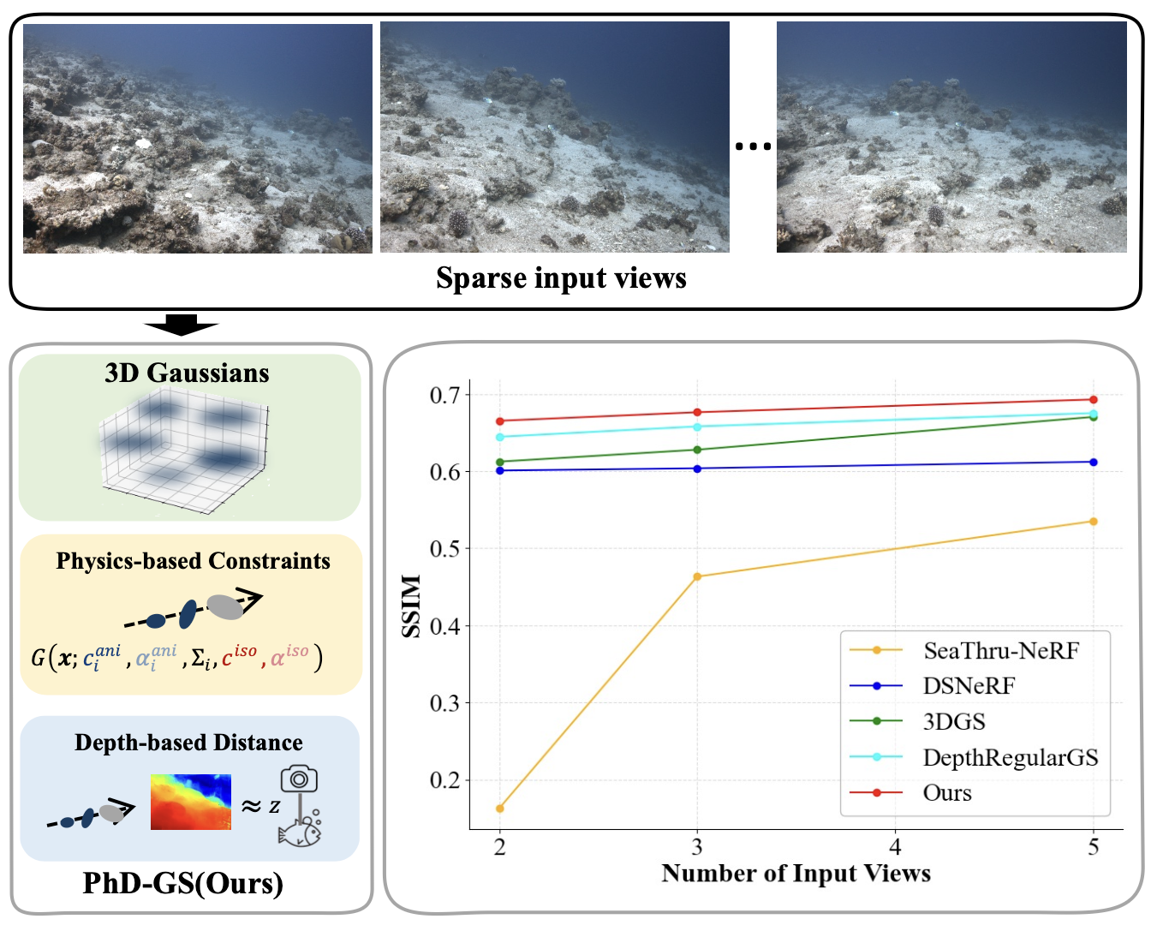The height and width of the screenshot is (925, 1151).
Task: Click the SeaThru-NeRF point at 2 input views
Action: click(x=499, y=809)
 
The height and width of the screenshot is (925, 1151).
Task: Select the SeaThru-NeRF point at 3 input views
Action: click(x=697, y=576)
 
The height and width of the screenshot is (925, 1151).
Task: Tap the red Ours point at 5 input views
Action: click(x=1094, y=400)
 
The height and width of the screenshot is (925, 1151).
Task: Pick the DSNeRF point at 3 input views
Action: click(x=697, y=468)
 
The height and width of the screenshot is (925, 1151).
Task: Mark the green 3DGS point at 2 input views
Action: click(x=499, y=462)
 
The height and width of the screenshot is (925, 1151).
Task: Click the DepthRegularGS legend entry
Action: click(x=974, y=757)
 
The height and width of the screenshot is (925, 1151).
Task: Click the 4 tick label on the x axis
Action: click(x=895, y=846)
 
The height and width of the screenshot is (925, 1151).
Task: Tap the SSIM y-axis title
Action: click(x=411, y=606)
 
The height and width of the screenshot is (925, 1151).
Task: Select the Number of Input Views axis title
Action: click(x=796, y=873)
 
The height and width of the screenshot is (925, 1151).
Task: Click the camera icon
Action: click(x=299, y=779)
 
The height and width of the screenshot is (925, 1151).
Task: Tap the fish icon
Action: click(x=300, y=828)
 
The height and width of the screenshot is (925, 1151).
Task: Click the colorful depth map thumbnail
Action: click(x=191, y=802)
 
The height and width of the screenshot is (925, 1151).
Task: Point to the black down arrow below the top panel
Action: click(x=182, y=325)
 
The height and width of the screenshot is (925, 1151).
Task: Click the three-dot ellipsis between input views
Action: click(x=753, y=146)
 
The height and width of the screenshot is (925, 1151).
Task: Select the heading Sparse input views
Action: click(x=561, y=277)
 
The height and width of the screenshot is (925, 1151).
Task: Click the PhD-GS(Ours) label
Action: click(x=183, y=883)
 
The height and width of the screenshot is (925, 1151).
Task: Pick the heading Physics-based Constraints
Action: click(x=193, y=561)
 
